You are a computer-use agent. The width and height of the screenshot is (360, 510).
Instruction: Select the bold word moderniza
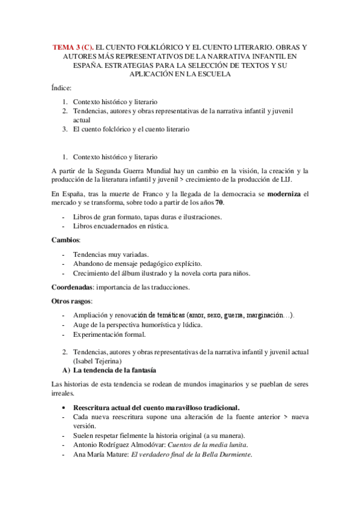280,194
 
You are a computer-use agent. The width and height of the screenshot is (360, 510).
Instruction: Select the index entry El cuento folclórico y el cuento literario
131,129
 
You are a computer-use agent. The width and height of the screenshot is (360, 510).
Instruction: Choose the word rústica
154,226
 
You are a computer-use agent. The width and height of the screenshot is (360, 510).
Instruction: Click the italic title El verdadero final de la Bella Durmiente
192,455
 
